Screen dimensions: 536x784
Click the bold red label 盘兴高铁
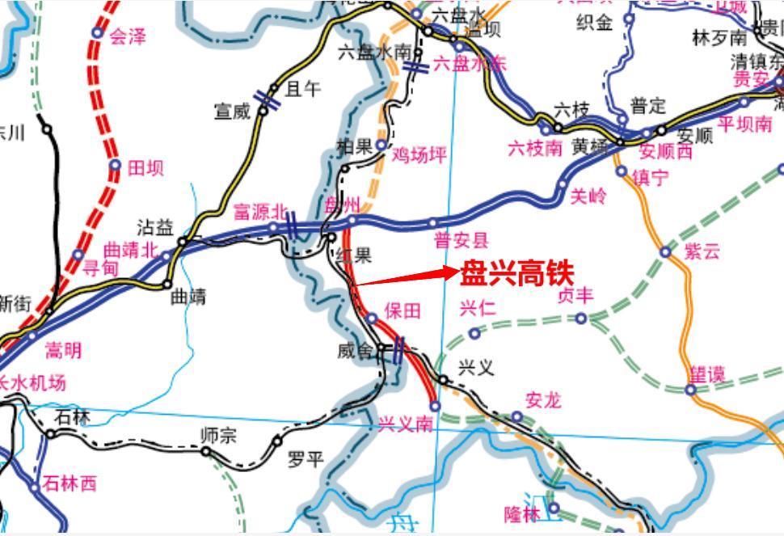(x=517, y=273)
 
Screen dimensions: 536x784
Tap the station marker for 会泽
(x=98, y=33)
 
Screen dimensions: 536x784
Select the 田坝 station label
(x=145, y=167)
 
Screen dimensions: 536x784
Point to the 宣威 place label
(x=232, y=111)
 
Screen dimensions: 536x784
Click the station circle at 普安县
(x=432, y=222)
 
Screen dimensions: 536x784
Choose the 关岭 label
(x=588, y=196)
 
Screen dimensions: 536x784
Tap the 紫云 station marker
(x=665, y=252)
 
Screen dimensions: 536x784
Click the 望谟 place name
(x=706, y=374)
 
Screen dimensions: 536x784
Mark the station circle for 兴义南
(x=435, y=406)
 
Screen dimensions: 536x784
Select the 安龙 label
(x=543, y=400)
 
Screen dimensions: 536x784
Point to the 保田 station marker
(x=372, y=319)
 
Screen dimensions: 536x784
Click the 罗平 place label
(x=306, y=459)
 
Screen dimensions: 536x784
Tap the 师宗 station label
(x=218, y=435)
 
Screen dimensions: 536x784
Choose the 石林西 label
(x=70, y=483)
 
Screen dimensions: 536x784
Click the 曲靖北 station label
(x=131, y=250)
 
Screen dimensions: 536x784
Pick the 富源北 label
(x=260, y=212)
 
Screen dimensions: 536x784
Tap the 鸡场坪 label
(x=419, y=154)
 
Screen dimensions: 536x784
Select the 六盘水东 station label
(x=470, y=64)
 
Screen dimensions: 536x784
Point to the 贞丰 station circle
(x=580, y=319)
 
